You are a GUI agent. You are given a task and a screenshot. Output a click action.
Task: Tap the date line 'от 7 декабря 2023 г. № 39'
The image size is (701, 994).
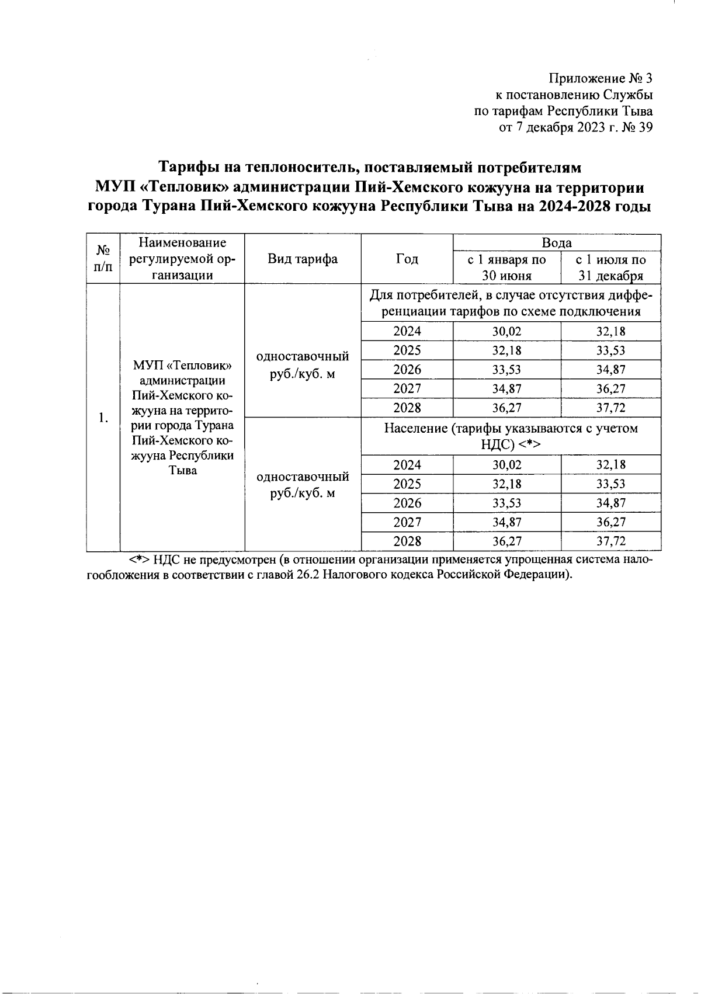[575, 128]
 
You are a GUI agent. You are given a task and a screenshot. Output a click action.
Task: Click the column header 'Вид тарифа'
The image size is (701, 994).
[302, 259]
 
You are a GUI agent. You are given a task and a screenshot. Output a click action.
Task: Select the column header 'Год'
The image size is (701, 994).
[407, 259]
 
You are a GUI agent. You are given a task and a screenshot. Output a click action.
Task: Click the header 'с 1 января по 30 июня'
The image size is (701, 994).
[506, 267]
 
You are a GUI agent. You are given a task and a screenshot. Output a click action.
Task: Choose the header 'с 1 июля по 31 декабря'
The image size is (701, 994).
[610, 267]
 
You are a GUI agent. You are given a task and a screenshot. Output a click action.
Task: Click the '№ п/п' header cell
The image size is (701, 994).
[103, 259]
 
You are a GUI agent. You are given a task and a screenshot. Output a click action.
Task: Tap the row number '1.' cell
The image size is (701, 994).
[103, 417]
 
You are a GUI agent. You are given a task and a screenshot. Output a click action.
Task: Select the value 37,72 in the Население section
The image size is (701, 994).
[611, 541]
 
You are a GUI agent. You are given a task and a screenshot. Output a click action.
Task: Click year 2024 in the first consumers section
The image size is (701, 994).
[407, 332]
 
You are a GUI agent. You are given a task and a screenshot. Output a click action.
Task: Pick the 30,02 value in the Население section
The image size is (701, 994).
[506, 465]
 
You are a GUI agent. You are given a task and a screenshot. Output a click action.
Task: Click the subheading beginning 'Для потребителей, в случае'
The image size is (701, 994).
[511, 303]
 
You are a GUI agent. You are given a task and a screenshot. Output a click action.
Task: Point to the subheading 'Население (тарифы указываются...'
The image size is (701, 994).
[511, 436]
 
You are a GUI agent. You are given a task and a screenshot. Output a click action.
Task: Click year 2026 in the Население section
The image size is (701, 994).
[407, 503]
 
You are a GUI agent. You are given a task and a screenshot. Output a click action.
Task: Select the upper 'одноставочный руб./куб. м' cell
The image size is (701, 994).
[303, 364]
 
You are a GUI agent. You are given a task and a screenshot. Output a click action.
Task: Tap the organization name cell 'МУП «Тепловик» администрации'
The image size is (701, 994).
[182, 417]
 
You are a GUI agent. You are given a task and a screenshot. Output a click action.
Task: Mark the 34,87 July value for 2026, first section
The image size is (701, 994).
[611, 370]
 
